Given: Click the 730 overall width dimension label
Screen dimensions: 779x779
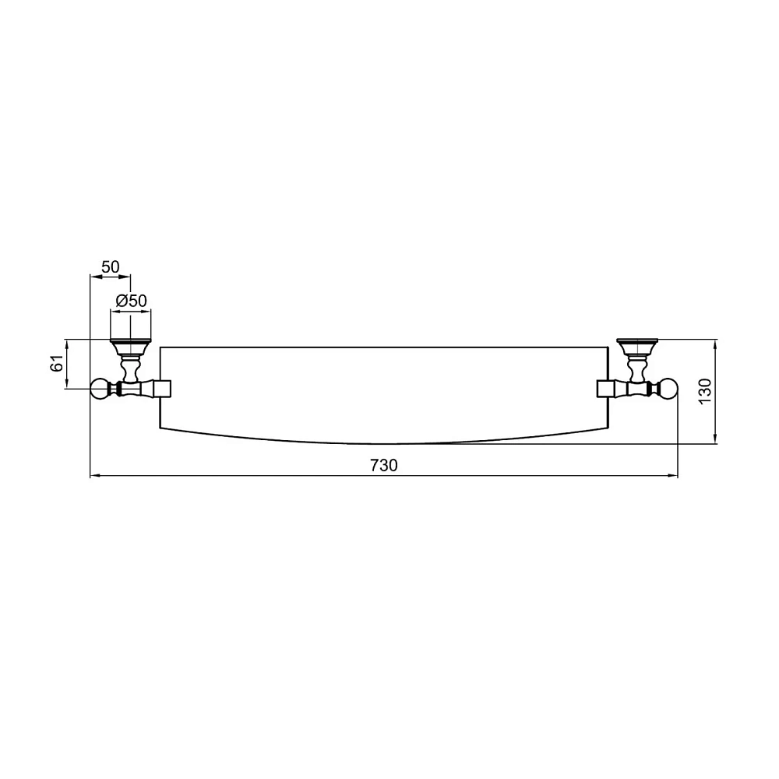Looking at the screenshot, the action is click(x=383, y=465).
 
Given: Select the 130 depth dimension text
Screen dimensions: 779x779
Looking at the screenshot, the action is click(x=705, y=391).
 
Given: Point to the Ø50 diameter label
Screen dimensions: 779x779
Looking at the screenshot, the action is click(x=131, y=301).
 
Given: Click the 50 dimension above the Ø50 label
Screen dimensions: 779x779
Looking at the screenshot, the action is click(x=111, y=266).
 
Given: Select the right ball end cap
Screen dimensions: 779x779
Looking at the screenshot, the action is click(x=668, y=389).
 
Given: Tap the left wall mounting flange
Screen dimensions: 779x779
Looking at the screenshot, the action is click(x=130, y=344).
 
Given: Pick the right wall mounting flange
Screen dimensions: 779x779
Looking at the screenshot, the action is click(x=637, y=344).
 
